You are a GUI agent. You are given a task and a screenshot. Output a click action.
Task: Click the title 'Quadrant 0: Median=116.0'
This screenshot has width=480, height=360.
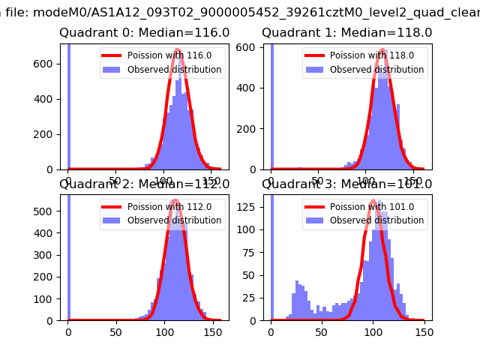coord(144,33)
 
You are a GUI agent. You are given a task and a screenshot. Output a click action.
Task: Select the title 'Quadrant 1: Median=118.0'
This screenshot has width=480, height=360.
coord(346,33)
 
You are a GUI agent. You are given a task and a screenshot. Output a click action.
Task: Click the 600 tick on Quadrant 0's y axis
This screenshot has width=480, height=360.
coord(50,64)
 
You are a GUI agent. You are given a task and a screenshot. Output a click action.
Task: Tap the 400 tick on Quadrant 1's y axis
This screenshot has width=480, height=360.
coord(253,88)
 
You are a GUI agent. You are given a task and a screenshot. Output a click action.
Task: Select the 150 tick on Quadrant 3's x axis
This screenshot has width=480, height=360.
coord(424,331)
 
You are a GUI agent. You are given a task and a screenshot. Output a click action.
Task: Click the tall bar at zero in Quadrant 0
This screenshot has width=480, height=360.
coord(68,105)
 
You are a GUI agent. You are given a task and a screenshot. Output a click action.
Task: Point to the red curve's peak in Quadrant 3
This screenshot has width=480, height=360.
coord(373,201)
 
